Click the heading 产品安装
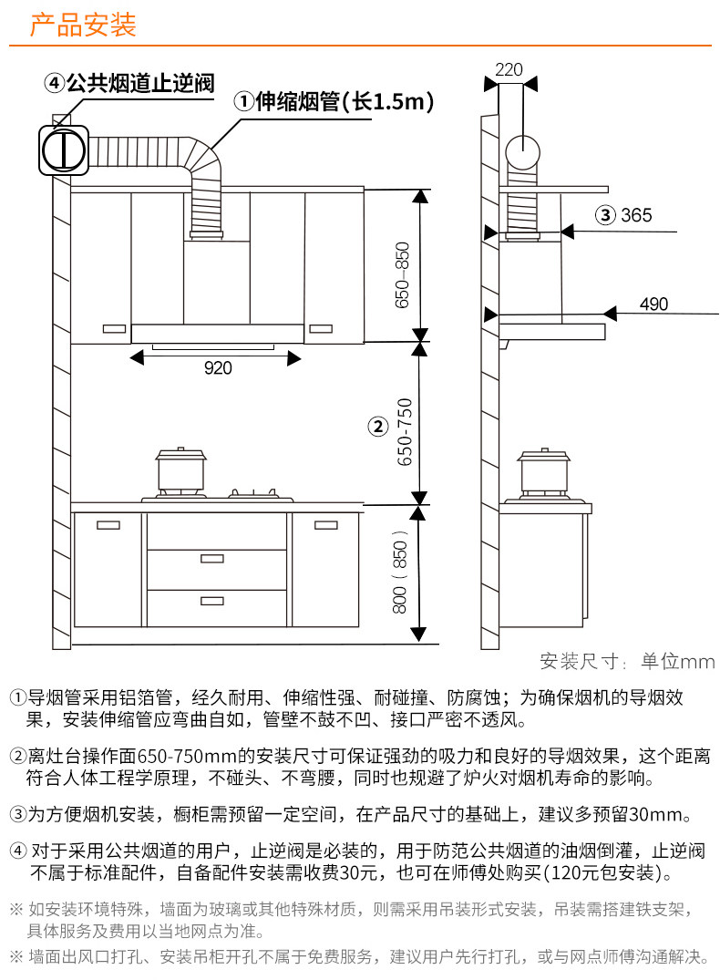coord(83,25)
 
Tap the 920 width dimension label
coord(218,368)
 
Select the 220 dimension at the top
coord(509,70)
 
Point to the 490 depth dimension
coord(653,304)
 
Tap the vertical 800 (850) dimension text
coord(400,572)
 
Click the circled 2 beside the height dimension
coord(376,427)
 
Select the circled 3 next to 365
coord(605,216)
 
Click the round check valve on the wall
coord(64,150)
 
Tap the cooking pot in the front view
coord(181,471)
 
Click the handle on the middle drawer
coord(212,561)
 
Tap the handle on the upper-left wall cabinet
coord(114,328)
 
